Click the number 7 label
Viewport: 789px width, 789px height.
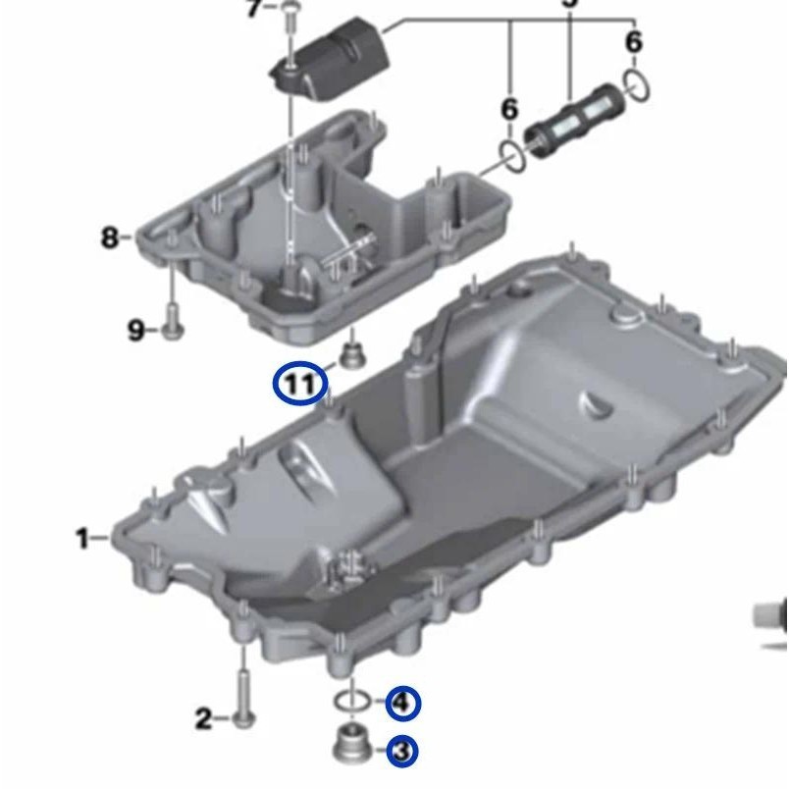pyautogui.click(x=254, y=9)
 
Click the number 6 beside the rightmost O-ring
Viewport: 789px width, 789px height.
pyautogui.click(x=634, y=42)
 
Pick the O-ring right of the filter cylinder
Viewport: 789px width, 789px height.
pyautogui.click(x=636, y=85)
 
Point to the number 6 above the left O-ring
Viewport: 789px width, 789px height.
pyautogui.click(x=508, y=110)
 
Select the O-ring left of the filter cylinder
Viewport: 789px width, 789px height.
pyautogui.click(x=511, y=154)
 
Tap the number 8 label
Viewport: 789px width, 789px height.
pyautogui.click(x=109, y=237)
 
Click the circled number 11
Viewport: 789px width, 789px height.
pyautogui.click(x=299, y=384)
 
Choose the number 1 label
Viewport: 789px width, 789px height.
pyautogui.click(x=83, y=538)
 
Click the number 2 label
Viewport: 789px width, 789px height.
pyautogui.click(x=203, y=720)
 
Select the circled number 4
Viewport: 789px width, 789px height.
pyautogui.click(x=402, y=703)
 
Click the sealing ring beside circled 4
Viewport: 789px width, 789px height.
pyautogui.click(x=351, y=701)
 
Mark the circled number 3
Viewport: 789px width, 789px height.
pyautogui.click(x=401, y=752)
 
